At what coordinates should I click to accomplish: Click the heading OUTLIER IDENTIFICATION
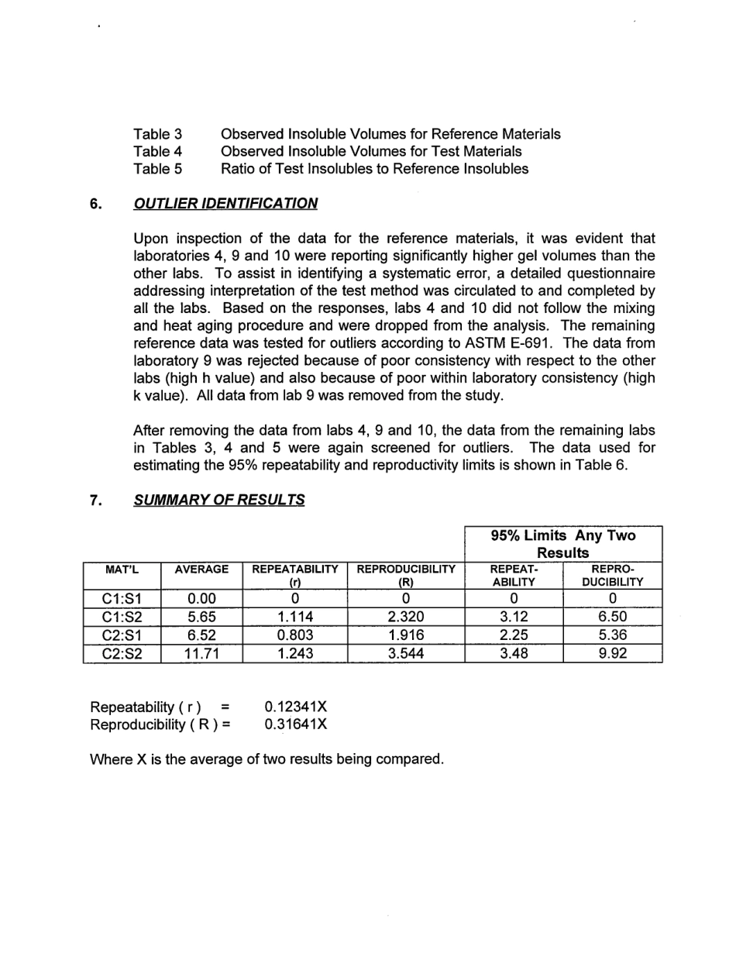click(225, 204)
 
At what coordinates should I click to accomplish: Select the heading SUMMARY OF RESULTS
click(219, 500)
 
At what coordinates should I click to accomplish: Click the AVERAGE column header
click(201, 569)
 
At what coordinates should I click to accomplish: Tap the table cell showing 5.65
click(201, 617)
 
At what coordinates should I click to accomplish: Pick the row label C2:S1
click(122, 635)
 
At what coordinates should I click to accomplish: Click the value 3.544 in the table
click(406, 653)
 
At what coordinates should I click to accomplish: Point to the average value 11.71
click(201, 653)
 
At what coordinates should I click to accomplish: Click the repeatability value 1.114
click(294, 617)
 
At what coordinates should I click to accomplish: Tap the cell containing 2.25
click(514, 635)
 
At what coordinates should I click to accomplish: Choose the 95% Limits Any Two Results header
click(563, 544)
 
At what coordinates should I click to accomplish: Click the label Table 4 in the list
click(157, 151)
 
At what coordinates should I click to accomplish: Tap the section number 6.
click(95, 204)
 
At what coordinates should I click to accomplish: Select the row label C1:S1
click(122, 598)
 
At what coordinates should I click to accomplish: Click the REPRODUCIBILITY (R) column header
click(406, 575)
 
